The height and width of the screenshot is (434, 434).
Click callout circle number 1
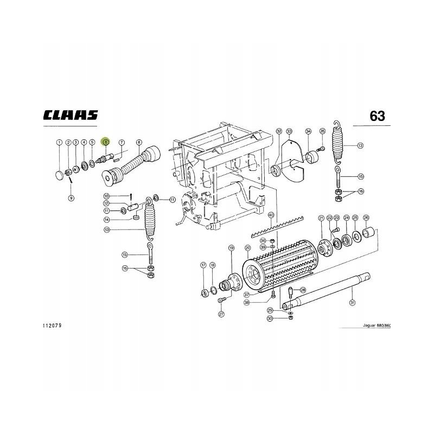coord(59,142)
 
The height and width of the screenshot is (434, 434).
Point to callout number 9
coord(71,198)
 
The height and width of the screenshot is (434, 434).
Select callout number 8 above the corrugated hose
coord(139,142)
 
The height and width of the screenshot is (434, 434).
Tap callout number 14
coord(107,220)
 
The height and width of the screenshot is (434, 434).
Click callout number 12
coord(107,203)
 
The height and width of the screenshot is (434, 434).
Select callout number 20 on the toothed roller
coord(248,248)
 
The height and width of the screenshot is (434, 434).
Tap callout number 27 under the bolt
coord(221,314)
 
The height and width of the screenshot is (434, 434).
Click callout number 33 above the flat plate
coord(289,132)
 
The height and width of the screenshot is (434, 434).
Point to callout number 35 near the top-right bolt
coord(322,131)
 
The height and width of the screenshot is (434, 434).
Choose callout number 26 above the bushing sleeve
coord(366,218)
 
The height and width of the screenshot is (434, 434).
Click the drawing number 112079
coord(52,326)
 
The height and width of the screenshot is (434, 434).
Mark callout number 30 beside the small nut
coord(270,318)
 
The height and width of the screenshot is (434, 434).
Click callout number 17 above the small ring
coord(203,265)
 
